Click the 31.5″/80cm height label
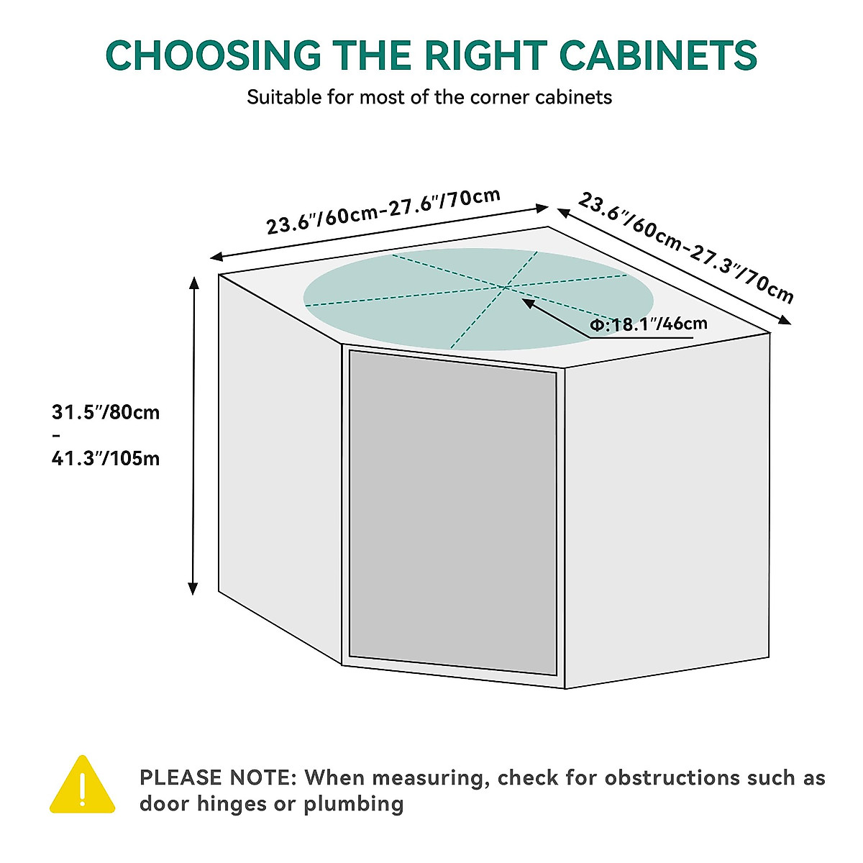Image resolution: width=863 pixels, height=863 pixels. coord(106,413)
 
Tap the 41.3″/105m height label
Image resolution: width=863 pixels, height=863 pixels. coord(106,458)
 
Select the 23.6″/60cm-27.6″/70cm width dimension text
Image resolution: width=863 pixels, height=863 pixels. coord(383,212)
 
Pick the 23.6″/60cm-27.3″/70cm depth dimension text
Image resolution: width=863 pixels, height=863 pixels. coord(686,247)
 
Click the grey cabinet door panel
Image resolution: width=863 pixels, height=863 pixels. coord(452,512)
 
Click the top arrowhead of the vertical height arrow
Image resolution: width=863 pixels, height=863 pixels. coord(193,281)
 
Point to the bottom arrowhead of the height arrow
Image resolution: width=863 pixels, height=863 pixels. coord(193,588)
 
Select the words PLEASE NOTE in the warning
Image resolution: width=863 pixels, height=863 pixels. coord(217,778)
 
